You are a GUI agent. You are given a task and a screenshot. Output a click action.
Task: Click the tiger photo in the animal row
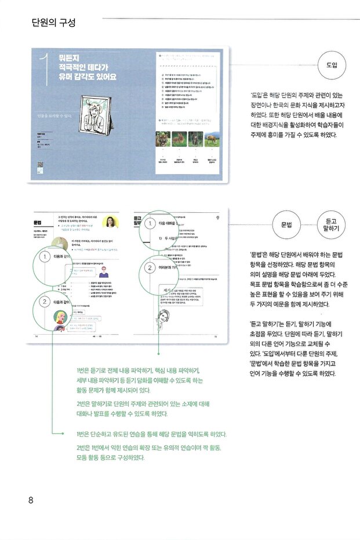pyautogui.click(x=163, y=139)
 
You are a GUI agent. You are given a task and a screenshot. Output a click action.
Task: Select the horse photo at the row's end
pyautogui.click(x=211, y=139)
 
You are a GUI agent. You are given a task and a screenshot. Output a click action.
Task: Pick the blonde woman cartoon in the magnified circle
pyautogui.click(x=60, y=317)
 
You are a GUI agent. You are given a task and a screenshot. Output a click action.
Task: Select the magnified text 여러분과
pyautogui.click(x=170, y=267)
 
